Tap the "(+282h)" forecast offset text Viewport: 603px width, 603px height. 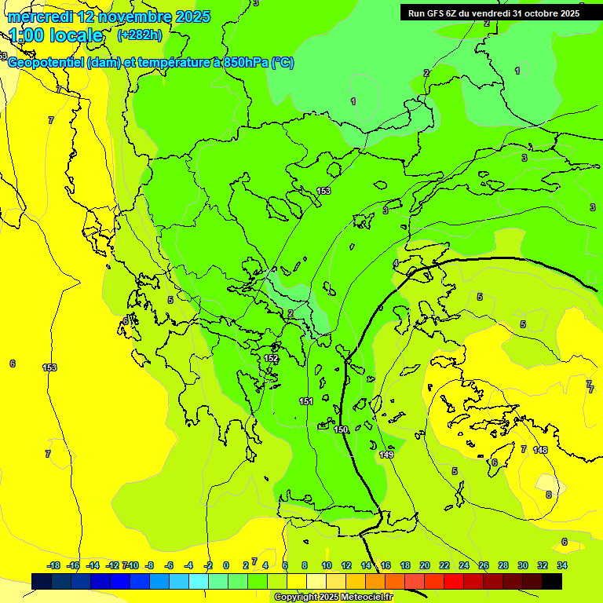coord(139,35)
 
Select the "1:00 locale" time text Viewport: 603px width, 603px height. coord(57,35)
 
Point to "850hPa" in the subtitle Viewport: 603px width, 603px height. coord(245,63)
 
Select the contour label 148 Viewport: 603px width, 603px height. coord(540,450)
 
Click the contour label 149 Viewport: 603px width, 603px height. coord(386,455)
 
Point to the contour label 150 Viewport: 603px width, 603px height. coord(341,429)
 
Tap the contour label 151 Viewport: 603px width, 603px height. coord(306,401)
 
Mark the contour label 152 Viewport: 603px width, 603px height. coord(271,358)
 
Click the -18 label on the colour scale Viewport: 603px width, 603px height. coord(53,565)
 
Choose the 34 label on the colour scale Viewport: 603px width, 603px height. coord(562,565)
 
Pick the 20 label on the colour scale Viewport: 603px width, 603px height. coord(425,565)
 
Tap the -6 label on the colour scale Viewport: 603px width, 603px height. coord(168,565)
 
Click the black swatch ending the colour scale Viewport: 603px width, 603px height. coord(552,581)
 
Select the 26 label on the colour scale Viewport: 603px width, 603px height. coord(484,565)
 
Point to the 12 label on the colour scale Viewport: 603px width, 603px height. coord(346,565)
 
